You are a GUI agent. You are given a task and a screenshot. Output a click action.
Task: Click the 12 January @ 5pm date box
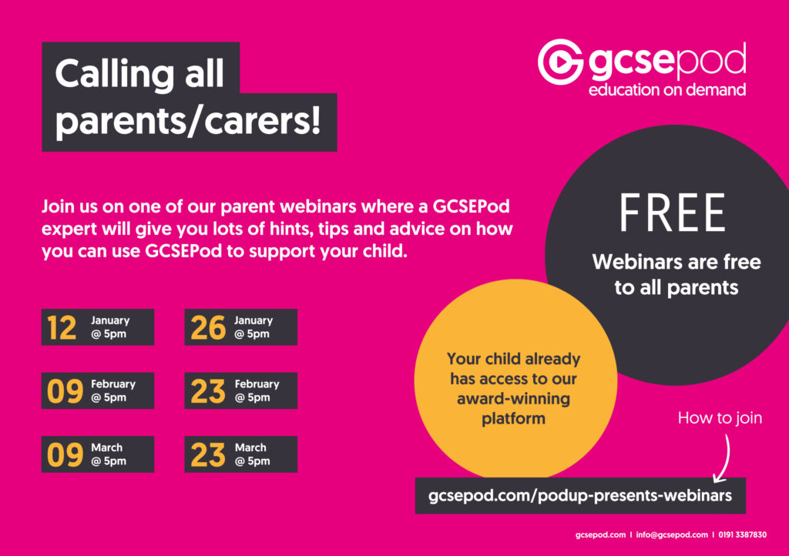[98, 327]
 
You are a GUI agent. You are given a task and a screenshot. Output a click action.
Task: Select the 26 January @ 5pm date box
[241, 327]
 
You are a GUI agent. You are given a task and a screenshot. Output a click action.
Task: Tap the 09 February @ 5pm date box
[98, 390]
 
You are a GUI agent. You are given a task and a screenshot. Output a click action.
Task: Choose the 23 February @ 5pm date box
[241, 390]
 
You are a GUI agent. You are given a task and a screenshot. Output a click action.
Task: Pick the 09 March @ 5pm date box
[98, 454]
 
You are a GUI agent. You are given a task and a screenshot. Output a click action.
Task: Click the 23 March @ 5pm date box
[241, 454]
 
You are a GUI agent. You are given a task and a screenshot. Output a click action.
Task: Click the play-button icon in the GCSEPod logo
[561, 62]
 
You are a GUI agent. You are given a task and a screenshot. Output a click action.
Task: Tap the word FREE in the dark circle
[672, 213]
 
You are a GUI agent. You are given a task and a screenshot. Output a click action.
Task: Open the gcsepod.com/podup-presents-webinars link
[580, 496]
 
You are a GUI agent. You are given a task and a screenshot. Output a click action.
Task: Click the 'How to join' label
[720, 417]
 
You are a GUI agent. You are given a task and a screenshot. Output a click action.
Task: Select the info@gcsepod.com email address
[672, 535]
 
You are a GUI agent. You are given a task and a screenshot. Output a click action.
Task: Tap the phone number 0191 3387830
[743, 535]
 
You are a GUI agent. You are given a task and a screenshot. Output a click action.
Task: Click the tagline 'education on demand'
[667, 90]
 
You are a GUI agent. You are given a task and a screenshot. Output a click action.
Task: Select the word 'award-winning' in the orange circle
[513, 399]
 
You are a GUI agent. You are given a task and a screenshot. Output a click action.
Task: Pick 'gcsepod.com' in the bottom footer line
[601, 535]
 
